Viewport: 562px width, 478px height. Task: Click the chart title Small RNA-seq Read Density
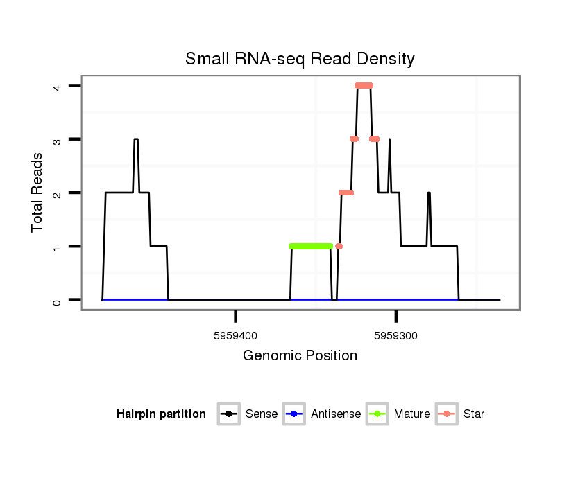300,59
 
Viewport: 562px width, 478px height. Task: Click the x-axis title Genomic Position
300,356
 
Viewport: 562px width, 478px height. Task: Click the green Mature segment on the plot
311,246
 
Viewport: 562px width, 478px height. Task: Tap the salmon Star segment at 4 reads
364,86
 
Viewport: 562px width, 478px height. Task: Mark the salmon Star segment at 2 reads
346,193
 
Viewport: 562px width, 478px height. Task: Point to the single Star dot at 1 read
339,246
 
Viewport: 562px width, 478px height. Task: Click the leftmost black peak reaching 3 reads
136,139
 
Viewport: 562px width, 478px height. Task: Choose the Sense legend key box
228,414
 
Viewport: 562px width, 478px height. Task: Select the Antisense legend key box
294,414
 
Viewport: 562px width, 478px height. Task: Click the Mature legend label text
412,414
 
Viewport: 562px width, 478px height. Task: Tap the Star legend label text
474,414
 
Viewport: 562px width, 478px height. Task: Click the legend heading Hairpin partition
161,414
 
